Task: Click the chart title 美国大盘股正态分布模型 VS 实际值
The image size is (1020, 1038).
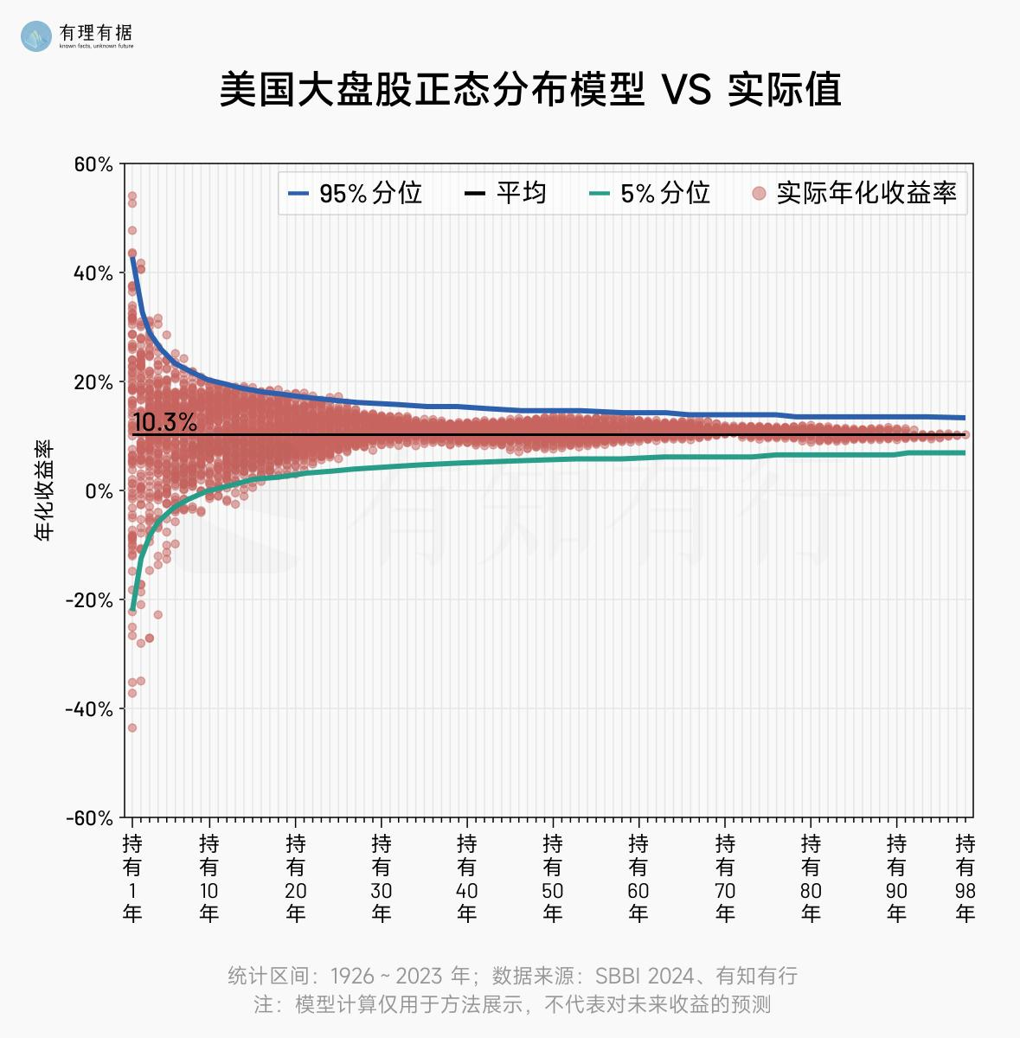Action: [529, 90]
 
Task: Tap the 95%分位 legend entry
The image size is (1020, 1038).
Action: [356, 193]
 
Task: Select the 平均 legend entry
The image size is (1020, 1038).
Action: [506, 193]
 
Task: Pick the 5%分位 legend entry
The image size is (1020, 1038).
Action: [650, 193]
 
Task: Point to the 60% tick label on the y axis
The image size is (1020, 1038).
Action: [93, 164]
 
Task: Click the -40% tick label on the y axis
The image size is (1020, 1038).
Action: [89, 709]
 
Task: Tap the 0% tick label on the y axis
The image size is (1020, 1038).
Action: [99, 491]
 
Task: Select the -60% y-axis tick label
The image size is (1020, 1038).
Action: [89, 818]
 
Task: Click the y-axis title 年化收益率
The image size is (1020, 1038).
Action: [44, 490]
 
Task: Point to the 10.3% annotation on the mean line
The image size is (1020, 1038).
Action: [164, 423]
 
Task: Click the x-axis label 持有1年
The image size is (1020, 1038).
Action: [132, 877]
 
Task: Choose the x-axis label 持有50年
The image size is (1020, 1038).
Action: [553, 877]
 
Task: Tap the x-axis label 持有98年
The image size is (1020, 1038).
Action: [965, 877]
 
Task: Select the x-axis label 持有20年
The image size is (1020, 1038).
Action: [295, 877]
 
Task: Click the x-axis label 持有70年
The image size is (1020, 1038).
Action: [725, 877]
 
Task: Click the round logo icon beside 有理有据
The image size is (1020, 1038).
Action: [36, 35]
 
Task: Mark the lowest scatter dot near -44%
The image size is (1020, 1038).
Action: [132, 727]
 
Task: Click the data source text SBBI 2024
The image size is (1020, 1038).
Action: [645, 977]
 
